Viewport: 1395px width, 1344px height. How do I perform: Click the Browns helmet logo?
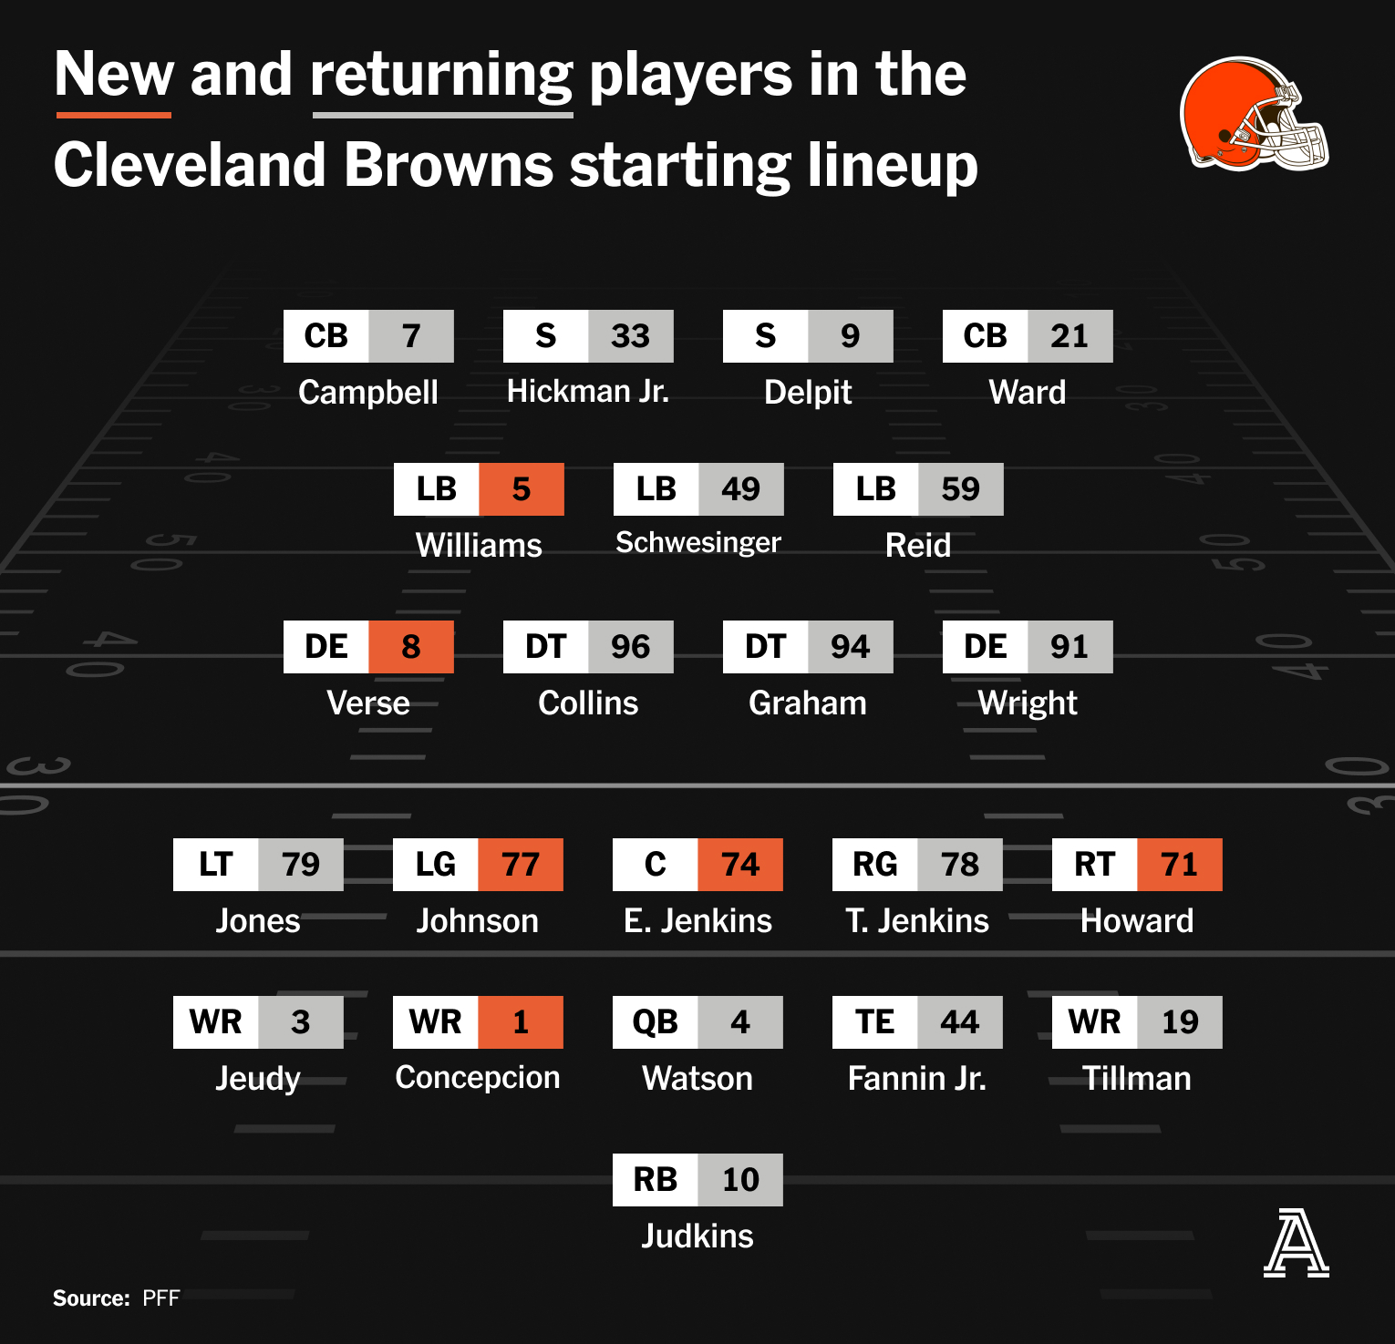(x=1254, y=115)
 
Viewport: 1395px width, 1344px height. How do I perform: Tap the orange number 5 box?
(x=522, y=489)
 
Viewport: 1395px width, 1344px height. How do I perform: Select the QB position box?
(x=656, y=1022)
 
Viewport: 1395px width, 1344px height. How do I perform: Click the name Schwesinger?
(x=698, y=543)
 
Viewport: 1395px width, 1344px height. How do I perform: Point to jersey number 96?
(x=631, y=647)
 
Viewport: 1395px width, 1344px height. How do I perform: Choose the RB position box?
(x=656, y=1180)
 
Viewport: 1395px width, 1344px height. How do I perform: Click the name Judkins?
(x=697, y=1236)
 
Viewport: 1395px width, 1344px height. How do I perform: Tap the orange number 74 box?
(x=740, y=865)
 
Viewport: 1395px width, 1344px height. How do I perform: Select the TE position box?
(x=875, y=1022)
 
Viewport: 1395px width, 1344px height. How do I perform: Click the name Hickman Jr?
(x=588, y=392)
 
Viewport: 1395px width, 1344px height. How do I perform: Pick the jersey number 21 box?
(x=1070, y=336)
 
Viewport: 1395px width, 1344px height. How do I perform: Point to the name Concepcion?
(x=478, y=1078)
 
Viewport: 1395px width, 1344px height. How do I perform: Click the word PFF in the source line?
(x=161, y=1298)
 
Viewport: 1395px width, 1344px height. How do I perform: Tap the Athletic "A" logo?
(x=1296, y=1243)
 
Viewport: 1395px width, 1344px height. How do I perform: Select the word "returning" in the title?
(x=442, y=77)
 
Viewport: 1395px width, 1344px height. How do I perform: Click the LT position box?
(x=216, y=865)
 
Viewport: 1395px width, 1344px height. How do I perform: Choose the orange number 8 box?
(x=411, y=647)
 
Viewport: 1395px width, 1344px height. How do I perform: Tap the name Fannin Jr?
(x=917, y=1079)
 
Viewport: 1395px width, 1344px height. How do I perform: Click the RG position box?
(x=875, y=865)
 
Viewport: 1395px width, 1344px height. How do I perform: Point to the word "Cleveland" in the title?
(x=190, y=165)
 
